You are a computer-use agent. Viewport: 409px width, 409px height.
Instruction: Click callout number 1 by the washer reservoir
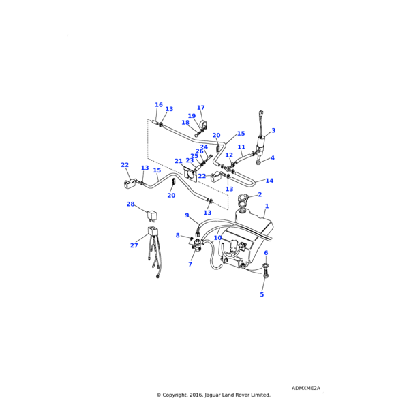267,206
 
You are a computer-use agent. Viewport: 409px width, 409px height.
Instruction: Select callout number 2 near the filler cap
259,195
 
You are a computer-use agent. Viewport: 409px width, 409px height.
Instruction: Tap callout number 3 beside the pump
273,130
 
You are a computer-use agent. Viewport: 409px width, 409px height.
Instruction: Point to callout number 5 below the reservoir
262,294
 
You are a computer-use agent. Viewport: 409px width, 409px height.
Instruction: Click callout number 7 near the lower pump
190,264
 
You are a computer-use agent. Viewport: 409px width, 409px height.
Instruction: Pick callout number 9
187,215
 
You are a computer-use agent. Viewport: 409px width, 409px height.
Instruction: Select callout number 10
217,238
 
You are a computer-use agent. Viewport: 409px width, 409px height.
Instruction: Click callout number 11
241,147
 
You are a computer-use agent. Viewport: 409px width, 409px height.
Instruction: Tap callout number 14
269,181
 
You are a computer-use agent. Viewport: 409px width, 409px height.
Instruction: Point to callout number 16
159,105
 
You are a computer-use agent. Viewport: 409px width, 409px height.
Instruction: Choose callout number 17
201,108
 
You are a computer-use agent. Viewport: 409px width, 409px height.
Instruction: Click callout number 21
179,162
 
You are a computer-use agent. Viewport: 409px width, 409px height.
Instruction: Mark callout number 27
134,245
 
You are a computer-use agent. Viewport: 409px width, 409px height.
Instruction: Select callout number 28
130,204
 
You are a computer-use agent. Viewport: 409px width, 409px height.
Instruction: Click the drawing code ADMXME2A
305,388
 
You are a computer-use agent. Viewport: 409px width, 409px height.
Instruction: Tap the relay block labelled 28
152,215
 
